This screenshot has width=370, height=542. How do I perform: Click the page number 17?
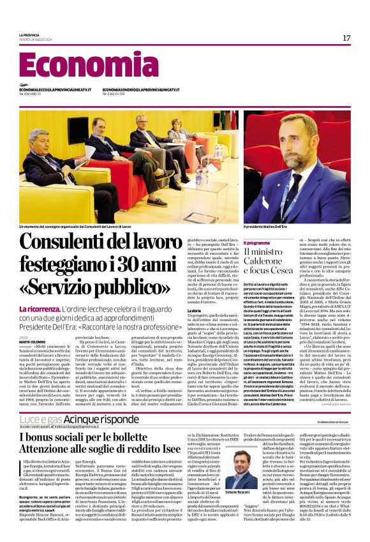pos(346,38)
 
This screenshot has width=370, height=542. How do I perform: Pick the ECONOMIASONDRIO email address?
pos(140,90)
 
